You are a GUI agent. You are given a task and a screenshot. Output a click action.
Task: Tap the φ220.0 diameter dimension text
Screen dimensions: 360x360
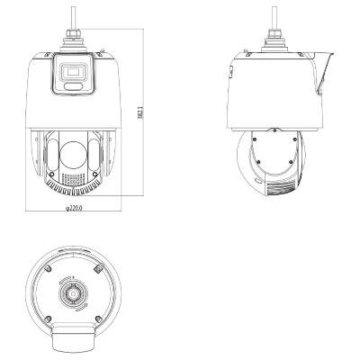click(x=74, y=208)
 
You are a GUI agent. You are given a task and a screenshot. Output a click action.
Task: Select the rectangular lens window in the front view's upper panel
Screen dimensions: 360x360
click(x=73, y=72)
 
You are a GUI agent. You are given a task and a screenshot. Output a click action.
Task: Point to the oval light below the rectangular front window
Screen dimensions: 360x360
click(x=73, y=86)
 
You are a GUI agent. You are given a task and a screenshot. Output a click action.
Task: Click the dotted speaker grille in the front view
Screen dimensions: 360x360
click(x=73, y=178)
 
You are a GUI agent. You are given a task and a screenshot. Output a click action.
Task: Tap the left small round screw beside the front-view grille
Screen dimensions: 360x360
click(x=51, y=174)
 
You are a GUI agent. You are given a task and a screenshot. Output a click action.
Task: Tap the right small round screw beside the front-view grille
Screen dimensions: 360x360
click(x=94, y=174)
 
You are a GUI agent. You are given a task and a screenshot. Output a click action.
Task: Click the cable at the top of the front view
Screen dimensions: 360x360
click(x=73, y=17)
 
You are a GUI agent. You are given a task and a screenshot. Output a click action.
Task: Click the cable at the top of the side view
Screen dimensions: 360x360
click(x=274, y=17)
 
